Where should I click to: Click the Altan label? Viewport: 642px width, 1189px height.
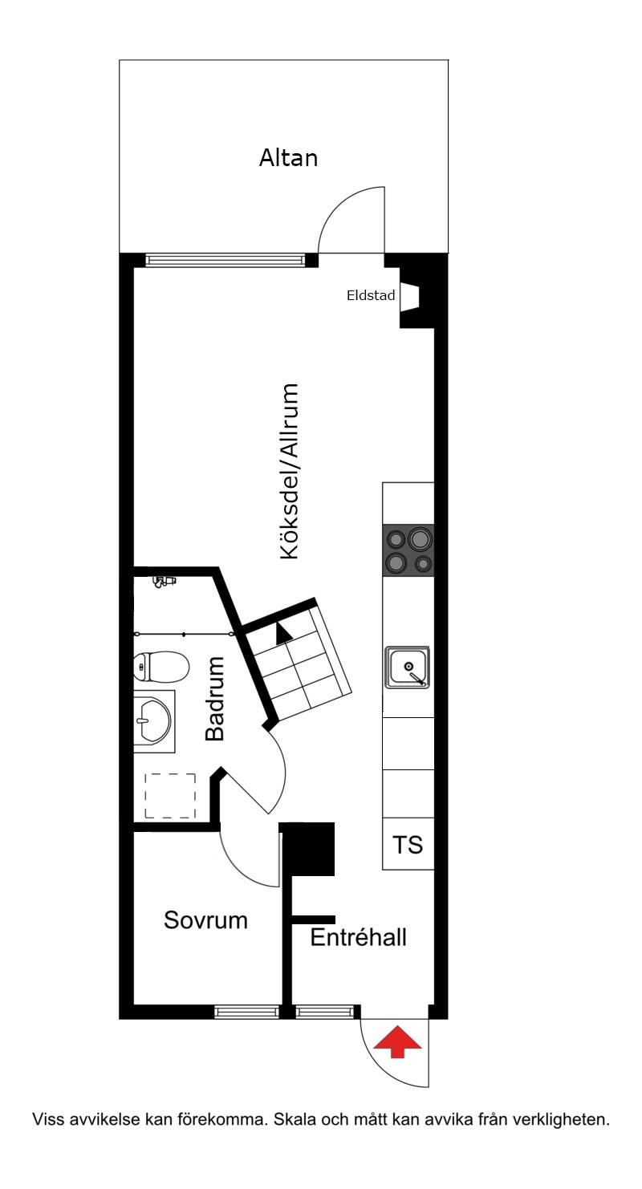[x=288, y=157]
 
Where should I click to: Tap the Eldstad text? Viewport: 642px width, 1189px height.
[x=371, y=295]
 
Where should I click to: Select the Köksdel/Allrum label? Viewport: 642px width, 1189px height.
[x=290, y=471]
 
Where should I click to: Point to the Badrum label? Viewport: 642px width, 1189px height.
[x=215, y=699]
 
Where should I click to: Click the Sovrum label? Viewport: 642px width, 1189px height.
[x=205, y=920]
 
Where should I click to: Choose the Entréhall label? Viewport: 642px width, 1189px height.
[x=359, y=937]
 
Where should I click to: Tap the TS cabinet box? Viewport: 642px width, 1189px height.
[x=408, y=844]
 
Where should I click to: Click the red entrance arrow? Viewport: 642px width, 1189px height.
[x=397, y=1042]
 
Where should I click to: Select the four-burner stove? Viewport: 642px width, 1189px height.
[x=408, y=550]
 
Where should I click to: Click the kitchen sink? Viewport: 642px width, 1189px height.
[x=408, y=668]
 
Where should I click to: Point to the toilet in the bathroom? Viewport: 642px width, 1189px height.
[x=160, y=667]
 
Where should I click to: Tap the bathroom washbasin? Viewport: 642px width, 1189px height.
[x=154, y=721]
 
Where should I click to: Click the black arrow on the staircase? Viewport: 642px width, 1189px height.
[x=282, y=633]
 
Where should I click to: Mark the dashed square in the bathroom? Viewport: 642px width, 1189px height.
[x=170, y=796]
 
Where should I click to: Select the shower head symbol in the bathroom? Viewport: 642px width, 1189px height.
[x=164, y=581]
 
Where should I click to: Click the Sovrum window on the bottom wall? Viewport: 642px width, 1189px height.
[x=247, y=1012]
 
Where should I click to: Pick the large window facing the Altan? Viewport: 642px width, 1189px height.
[x=226, y=260]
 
